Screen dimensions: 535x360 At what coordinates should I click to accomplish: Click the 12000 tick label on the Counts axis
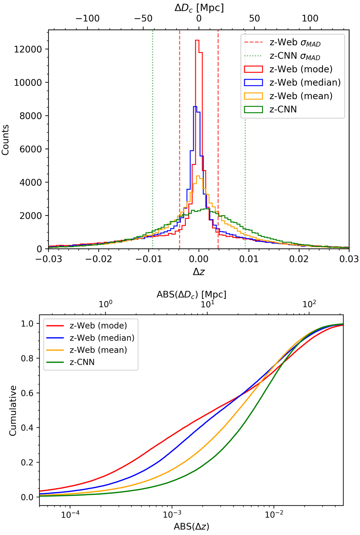click(27, 50)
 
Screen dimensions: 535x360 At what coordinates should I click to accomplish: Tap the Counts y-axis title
click(5, 140)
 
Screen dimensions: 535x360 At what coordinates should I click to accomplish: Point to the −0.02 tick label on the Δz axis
click(99, 259)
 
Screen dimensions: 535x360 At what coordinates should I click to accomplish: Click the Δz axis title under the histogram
click(199, 272)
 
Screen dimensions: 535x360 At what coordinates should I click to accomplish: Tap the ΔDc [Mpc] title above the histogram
click(199, 8)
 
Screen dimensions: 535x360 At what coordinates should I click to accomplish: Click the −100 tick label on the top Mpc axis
click(87, 19)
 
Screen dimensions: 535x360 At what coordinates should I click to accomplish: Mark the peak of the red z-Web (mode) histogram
click(197, 41)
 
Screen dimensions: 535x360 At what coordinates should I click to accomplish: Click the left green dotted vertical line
click(153, 135)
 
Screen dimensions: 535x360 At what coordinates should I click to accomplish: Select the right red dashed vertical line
click(218, 135)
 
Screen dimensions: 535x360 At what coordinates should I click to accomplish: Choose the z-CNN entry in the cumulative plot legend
click(82, 362)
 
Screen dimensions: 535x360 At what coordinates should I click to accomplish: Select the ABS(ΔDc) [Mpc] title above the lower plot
click(191, 295)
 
